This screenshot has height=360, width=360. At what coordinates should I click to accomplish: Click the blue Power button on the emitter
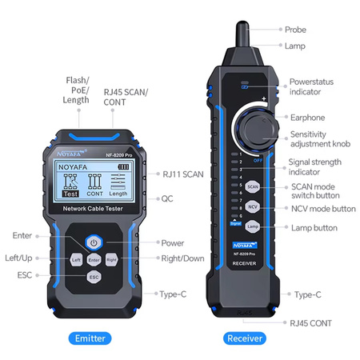point(94,242)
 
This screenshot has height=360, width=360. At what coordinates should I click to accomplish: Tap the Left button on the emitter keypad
point(76,259)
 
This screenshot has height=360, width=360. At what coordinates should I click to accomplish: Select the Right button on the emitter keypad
point(112,259)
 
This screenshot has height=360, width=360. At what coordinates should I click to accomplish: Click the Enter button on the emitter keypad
point(94,259)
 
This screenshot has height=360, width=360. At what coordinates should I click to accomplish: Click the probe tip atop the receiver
point(241,32)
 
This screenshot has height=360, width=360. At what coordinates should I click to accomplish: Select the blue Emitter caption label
point(90,338)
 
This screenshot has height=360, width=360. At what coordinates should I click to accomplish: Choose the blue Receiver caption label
point(244,338)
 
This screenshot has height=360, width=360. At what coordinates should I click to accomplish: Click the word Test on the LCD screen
point(70,193)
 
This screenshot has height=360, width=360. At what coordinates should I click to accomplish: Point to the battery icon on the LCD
point(122,166)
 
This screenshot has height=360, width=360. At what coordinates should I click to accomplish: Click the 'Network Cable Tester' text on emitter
point(94,209)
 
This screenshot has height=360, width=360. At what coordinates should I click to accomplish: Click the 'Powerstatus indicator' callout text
point(311,86)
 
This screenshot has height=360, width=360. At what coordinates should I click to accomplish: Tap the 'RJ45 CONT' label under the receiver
point(310,322)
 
